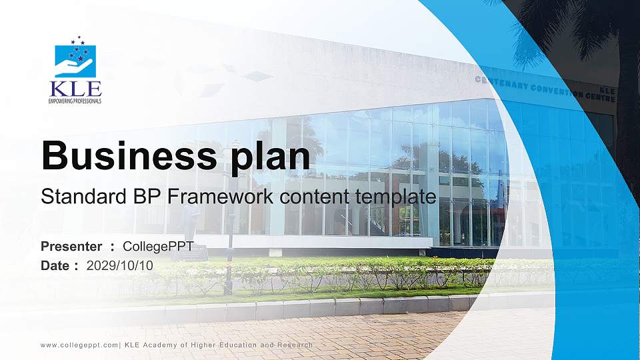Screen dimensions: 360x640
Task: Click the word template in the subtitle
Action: pyautogui.click(x=397, y=198)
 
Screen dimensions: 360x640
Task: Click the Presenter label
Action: pyautogui.click(x=71, y=247)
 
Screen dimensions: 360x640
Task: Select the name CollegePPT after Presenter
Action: pyautogui.click(x=159, y=247)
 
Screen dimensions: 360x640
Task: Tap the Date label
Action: pyautogui.click(x=55, y=265)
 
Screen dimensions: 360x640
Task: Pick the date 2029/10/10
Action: pyautogui.click(x=120, y=265)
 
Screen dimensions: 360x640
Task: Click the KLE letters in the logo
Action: pyautogui.click(x=75, y=88)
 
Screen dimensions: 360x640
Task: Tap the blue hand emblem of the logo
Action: pyautogui.click(x=75, y=61)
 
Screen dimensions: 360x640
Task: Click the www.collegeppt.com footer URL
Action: pyautogui.click(x=79, y=345)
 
